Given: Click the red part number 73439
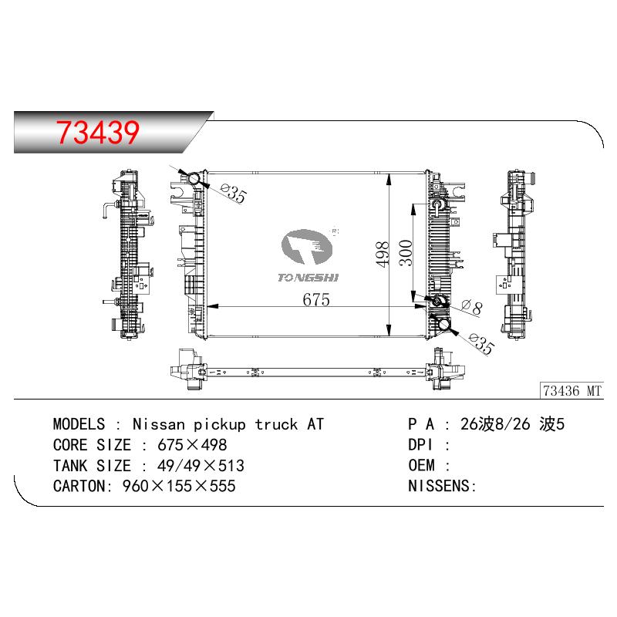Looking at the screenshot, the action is point(98,132).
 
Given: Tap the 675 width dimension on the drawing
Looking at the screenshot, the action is point(316,299).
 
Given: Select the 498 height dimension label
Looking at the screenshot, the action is point(383,255).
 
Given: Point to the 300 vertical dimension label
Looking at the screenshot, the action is point(406,253).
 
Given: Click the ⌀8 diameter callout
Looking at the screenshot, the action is point(472,306).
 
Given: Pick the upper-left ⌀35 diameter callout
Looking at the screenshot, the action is point(234,193).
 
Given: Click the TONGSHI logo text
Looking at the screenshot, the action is point(308,278).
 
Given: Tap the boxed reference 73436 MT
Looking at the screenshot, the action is point(572,391).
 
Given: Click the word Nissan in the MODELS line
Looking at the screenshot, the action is point(159,424).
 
